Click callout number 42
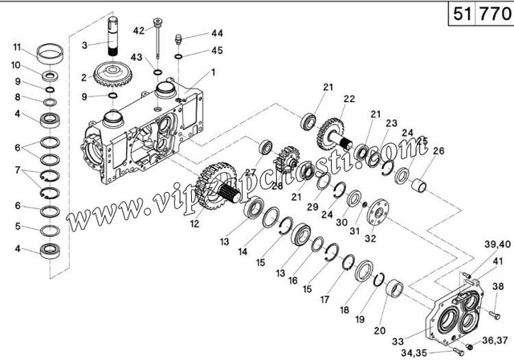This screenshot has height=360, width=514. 139,31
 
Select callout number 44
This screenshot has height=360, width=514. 194,34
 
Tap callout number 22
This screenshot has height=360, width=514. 349,99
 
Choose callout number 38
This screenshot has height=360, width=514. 497,287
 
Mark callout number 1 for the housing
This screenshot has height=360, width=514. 213,72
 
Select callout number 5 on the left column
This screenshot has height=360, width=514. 16,226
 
